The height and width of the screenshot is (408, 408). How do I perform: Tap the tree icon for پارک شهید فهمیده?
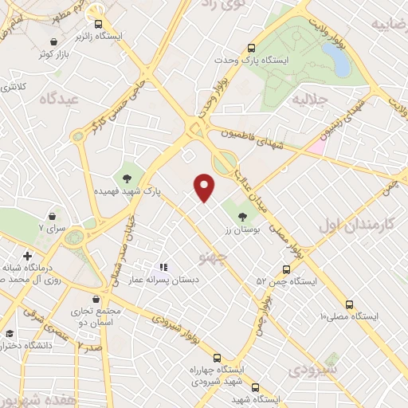127,177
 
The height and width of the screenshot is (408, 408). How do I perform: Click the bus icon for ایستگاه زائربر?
99,25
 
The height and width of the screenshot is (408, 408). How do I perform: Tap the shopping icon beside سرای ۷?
53,216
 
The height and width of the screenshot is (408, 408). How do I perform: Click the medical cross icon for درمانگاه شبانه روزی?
28,257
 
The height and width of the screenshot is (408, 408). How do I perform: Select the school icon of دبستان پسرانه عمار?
163,268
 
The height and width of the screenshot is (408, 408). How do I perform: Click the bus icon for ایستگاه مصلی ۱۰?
349,304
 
